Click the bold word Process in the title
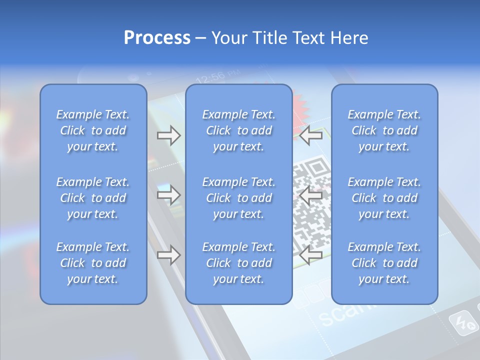coord(157,38)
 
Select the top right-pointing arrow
coord(168,135)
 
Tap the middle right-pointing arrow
coord(168,195)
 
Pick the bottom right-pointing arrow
coord(168,255)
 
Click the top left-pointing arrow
coord(310,135)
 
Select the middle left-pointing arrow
coord(310,195)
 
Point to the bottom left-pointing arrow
coord(310,255)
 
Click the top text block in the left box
coord(93,130)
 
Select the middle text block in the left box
coord(93,198)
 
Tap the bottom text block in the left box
coord(93,263)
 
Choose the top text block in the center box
coord(238,130)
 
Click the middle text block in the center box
coord(238,198)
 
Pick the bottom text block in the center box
coord(238,263)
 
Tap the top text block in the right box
coord(384,130)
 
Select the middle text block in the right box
coord(384,198)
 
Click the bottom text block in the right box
coord(384,263)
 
